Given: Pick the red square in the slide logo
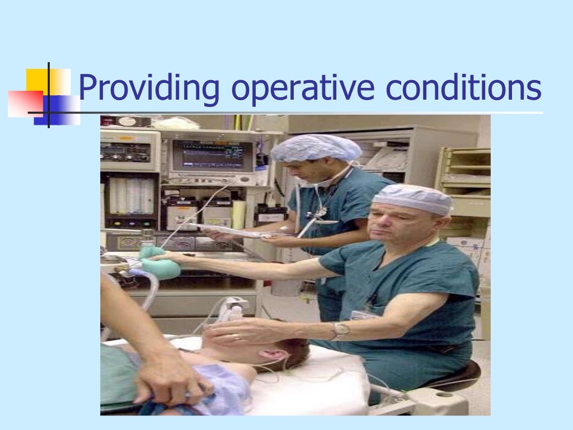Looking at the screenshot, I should [24, 104].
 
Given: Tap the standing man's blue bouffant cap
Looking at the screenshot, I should [316, 148].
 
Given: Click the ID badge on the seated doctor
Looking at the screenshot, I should [364, 314].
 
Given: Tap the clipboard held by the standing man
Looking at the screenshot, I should [235, 230].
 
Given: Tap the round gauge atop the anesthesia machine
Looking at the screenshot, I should [127, 121].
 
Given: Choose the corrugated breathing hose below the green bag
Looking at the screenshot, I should [149, 291].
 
